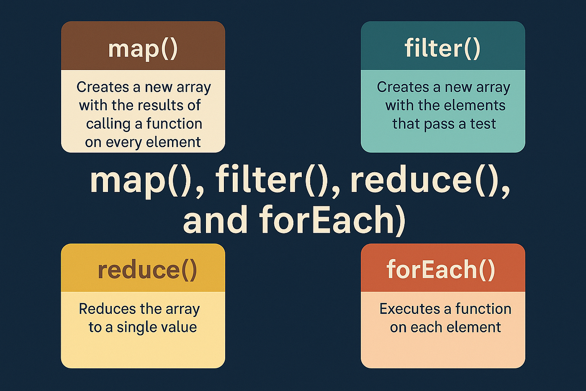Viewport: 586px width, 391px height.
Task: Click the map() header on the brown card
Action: [143, 49]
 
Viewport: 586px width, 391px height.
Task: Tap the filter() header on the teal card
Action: [443, 48]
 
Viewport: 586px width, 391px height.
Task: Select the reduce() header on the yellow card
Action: [147, 270]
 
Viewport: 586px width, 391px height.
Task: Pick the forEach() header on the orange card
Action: [441, 270]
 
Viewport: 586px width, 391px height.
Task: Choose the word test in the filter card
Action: [483, 124]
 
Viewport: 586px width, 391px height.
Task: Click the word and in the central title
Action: [215, 220]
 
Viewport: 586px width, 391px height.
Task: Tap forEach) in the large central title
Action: [332, 220]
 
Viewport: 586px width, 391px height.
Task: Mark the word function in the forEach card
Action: [483, 309]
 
